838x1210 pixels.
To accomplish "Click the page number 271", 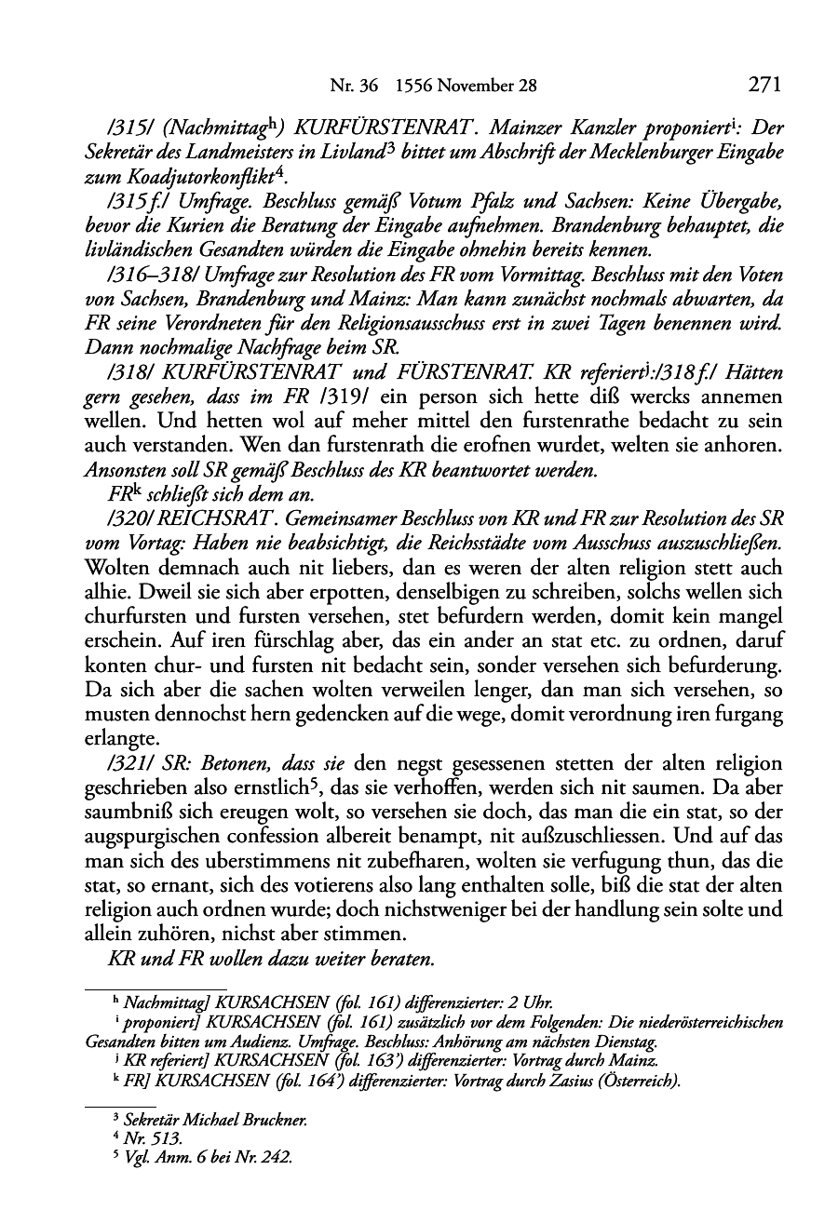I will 764,85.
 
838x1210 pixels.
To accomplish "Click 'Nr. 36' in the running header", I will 355,87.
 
